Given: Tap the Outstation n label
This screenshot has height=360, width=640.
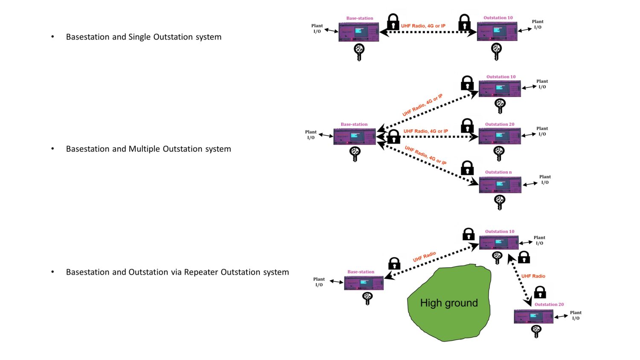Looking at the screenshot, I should coord(498,172).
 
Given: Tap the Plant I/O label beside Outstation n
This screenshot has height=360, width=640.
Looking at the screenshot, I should coord(545,180).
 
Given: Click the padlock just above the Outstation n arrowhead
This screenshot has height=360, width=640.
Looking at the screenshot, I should coord(467,168).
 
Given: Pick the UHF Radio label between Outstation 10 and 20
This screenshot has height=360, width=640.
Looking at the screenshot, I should coord(533,276).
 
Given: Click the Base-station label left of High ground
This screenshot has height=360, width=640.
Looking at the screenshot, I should coord(361,272).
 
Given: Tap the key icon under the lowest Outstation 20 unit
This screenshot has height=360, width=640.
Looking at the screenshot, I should coord(536,331).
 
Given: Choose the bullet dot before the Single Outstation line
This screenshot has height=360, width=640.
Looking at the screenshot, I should coord(52,37).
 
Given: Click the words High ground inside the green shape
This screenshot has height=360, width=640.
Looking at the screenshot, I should coord(449,303).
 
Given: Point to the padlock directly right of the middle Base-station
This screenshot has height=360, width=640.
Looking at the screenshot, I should coord(393,136).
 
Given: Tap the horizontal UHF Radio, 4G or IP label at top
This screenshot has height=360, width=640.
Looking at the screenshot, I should coord(423,26).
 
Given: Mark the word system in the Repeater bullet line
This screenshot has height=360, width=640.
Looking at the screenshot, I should coord(276,272).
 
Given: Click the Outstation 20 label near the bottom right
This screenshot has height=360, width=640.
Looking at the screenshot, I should coord(549,305).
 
